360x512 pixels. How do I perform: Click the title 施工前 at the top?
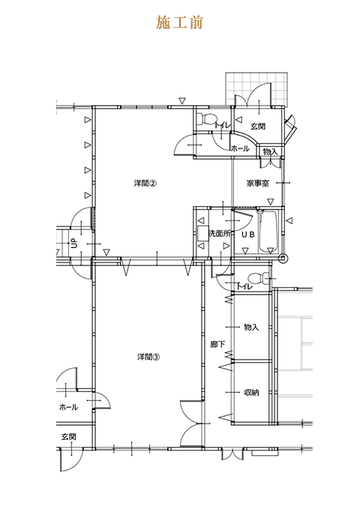pyautogui.click(x=179, y=22)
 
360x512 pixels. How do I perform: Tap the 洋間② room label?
pyautogui.click(x=145, y=183)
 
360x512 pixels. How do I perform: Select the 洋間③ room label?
pyautogui.click(x=148, y=357)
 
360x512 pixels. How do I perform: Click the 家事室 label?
pyautogui.click(x=258, y=184)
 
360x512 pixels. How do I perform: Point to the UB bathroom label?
pyautogui.click(x=248, y=234)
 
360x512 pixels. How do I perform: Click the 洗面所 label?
pyautogui.click(x=220, y=234)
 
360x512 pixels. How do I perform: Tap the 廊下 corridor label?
pyautogui.click(x=217, y=344)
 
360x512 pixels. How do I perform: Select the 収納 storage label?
pyautogui.click(x=251, y=393)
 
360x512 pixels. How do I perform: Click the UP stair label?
pyautogui.click(x=75, y=243)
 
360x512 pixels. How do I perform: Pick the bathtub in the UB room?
pyautogui.click(x=268, y=232)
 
